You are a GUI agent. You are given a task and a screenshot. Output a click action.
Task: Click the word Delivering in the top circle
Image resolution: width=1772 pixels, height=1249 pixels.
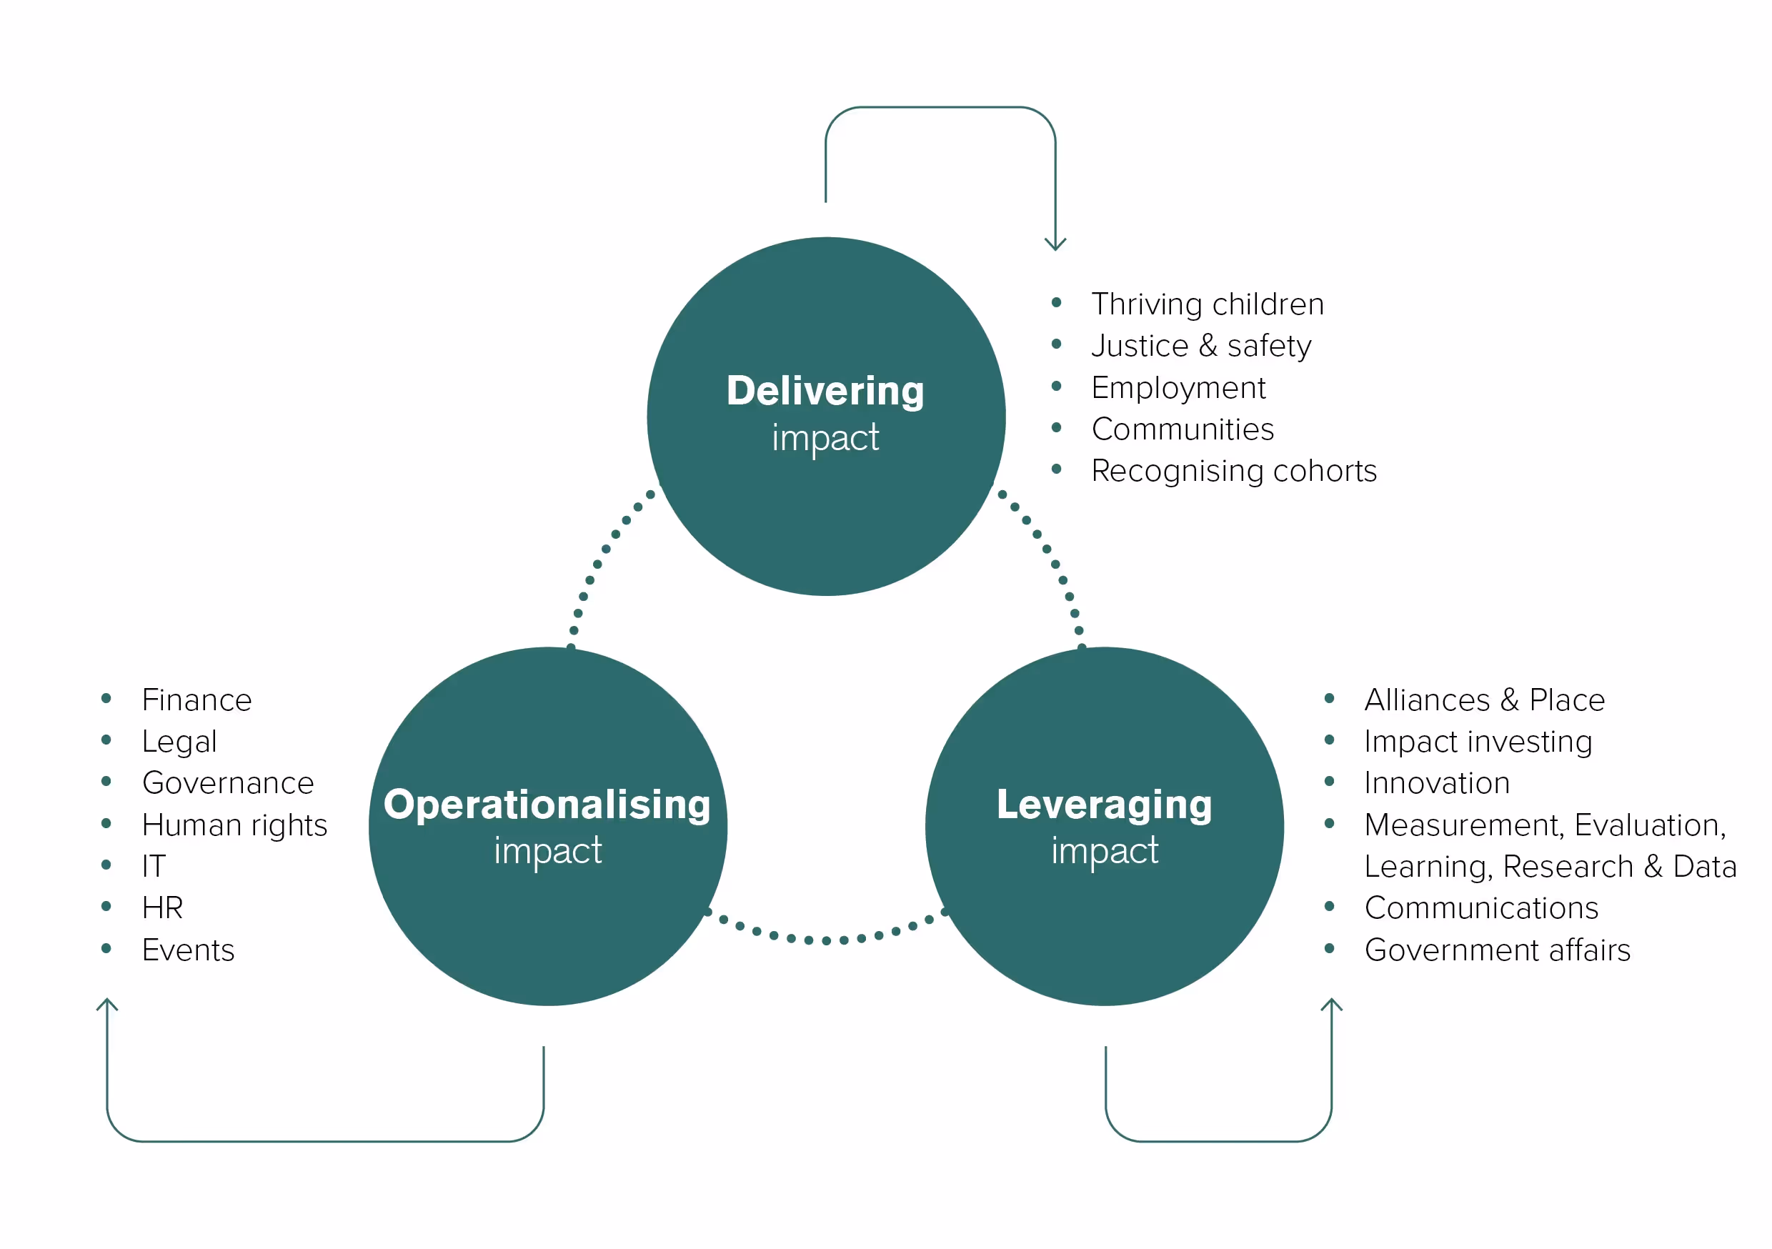pyautogui.click(x=825, y=391)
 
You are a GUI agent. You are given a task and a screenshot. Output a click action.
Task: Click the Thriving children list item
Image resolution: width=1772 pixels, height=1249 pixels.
pyautogui.click(x=1207, y=304)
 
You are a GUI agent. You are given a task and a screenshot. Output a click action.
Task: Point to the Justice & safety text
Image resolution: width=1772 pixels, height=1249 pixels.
pyautogui.click(x=1201, y=346)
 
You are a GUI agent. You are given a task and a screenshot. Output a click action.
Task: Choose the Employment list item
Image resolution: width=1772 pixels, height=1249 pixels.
pyautogui.click(x=1178, y=387)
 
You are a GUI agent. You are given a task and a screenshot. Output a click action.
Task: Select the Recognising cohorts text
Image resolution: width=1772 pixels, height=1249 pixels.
pyautogui.click(x=1233, y=471)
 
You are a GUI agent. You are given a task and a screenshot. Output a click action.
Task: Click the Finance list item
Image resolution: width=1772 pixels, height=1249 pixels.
pyautogui.click(x=196, y=700)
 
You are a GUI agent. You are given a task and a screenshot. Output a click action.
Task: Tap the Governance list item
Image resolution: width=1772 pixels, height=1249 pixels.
pyautogui.click(x=228, y=784)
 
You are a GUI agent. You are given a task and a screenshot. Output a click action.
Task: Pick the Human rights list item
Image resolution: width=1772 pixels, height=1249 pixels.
pyautogui.click(x=234, y=825)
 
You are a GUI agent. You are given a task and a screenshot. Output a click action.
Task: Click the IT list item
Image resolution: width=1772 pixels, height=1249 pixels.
pyautogui.click(x=154, y=866)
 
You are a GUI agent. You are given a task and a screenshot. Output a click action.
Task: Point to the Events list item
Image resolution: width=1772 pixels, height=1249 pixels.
pyautogui.click(x=187, y=950)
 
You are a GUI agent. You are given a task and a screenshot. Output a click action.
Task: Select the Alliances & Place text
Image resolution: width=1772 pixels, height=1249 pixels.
pyautogui.click(x=1484, y=700)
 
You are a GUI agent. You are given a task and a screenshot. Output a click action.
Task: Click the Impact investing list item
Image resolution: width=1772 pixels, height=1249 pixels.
pyautogui.click(x=1477, y=742)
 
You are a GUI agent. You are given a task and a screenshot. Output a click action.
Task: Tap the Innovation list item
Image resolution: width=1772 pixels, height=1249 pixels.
pyautogui.click(x=1436, y=784)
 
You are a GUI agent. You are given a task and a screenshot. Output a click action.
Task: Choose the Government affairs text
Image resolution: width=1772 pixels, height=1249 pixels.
pyautogui.click(x=1496, y=950)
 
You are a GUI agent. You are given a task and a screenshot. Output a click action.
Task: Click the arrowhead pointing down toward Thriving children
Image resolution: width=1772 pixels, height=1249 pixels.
pyautogui.click(x=1055, y=244)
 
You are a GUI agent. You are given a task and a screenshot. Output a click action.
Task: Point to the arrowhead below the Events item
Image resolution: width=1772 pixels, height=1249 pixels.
pyautogui.click(x=107, y=1005)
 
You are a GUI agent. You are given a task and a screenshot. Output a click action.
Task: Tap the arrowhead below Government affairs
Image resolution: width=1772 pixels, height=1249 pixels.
pyautogui.click(x=1331, y=1005)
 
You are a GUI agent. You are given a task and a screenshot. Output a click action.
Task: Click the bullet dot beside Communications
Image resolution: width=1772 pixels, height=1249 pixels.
pyautogui.click(x=1329, y=906)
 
